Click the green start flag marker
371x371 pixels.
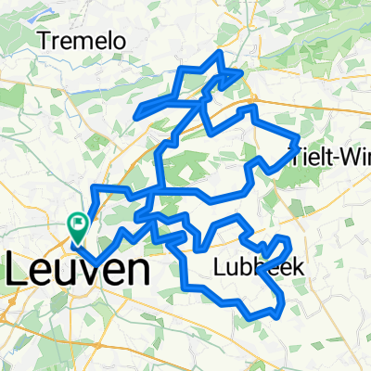tap(78, 225)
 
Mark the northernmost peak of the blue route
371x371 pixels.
tap(219, 54)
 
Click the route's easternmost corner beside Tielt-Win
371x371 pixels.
tap(297, 142)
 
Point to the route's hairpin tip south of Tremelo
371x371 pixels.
tap(138, 116)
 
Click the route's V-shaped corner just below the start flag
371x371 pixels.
tap(96, 261)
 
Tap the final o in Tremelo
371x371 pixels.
tap(122, 41)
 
